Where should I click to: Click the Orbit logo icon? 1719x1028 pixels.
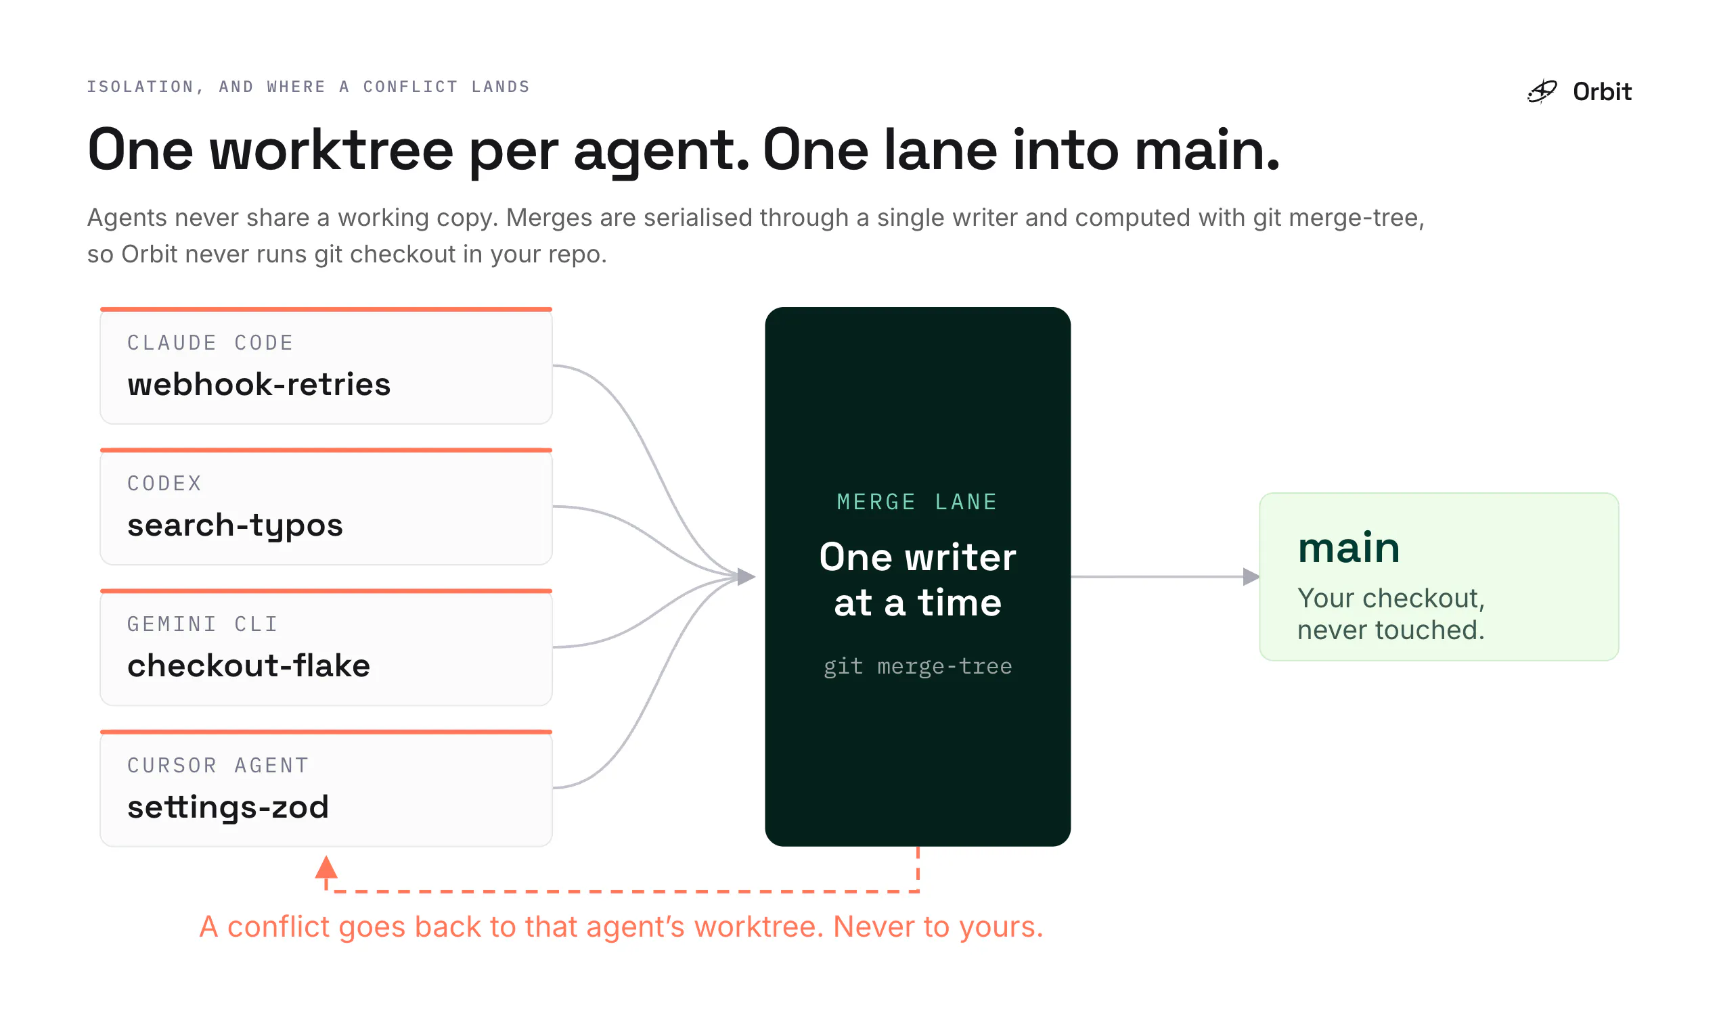point(1542,91)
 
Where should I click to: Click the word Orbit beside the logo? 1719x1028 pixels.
point(1602,91)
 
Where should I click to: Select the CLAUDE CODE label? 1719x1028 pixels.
point(210,343)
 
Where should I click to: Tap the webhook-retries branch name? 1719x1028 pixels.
point(259,384)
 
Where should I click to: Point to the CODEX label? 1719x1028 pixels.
point(164,484)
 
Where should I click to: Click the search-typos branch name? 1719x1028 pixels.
point(235,525)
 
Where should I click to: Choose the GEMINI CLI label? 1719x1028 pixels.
point(202,624)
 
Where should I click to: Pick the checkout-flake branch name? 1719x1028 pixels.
point(248,665)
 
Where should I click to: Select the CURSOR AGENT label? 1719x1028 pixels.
point(218,766)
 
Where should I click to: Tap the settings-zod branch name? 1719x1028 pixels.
point(227,808)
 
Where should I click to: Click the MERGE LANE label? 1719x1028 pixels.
point(917,502)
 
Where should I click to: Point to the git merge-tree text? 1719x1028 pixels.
point(918,666)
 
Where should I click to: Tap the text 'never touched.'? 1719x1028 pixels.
point(1391,630)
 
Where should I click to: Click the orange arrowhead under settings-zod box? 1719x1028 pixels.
point(326,867)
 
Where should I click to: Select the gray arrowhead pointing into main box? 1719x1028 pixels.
point(1251,576)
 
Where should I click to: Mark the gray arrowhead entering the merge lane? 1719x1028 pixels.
point(746,576)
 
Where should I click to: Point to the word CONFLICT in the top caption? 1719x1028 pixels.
point(410,87)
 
